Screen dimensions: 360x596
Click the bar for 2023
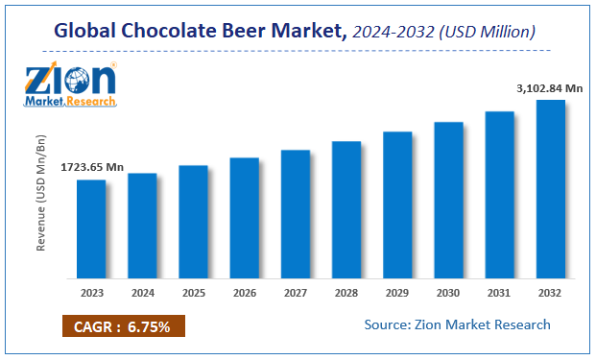[91, 228]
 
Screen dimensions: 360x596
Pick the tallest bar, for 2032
[551, 187]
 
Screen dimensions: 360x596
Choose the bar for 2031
[500, 194]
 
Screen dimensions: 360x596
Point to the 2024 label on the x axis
[142, 292]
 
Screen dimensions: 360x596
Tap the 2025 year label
[194, 292]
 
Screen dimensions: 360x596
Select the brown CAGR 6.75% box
[124, 327]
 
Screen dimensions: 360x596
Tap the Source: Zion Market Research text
[457, 324]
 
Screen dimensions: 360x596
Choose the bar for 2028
[346, 208]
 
